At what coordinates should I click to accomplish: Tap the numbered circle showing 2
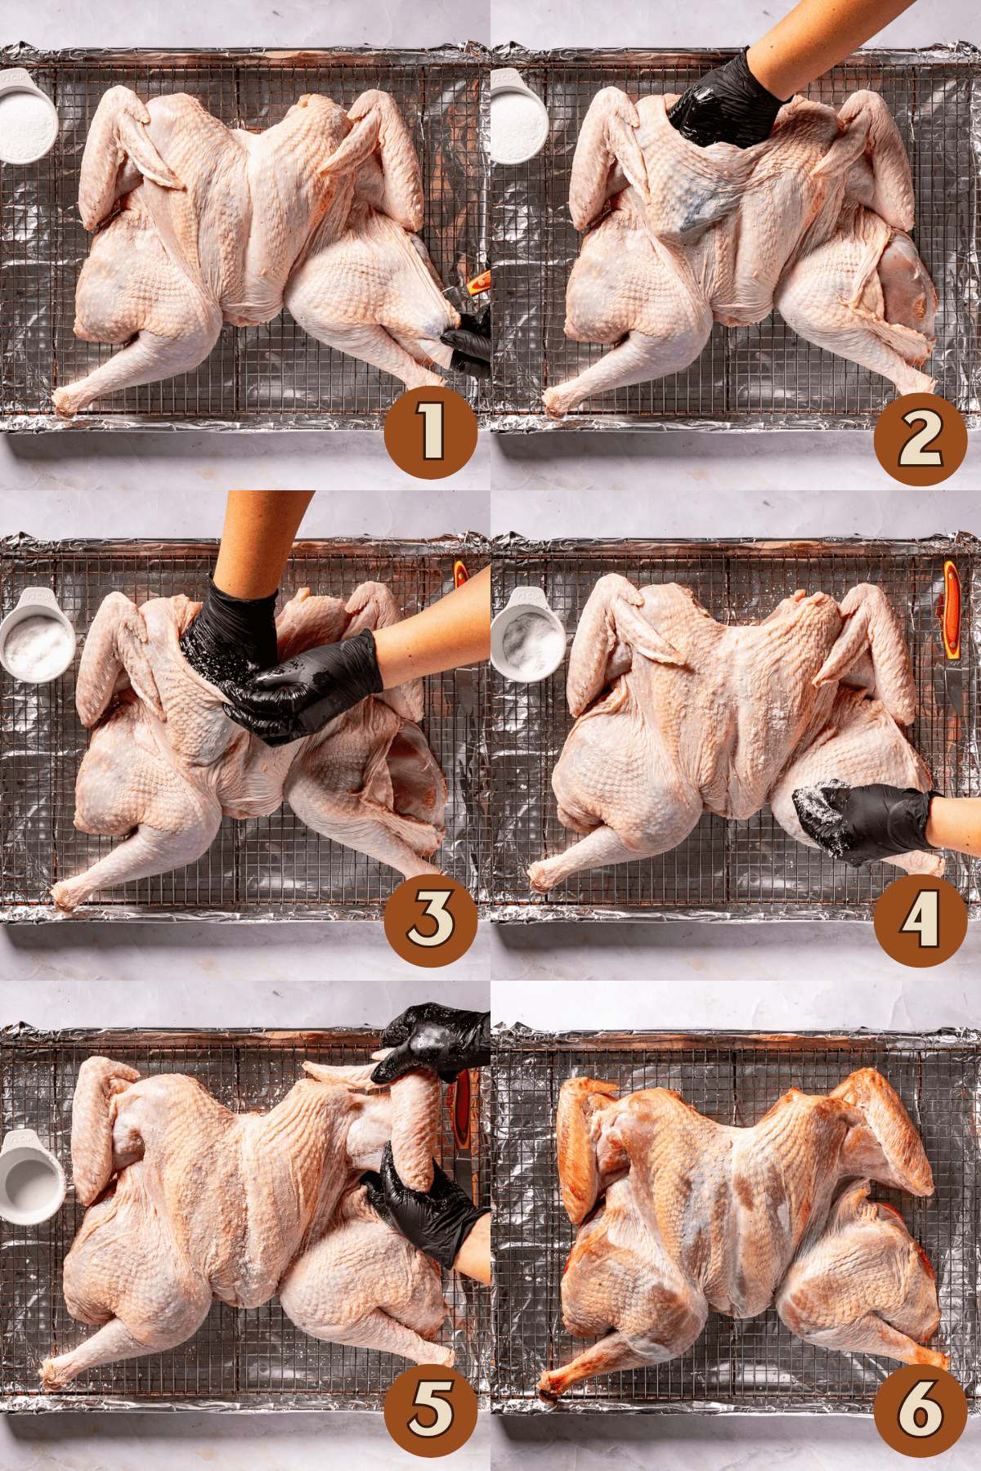(921, 439)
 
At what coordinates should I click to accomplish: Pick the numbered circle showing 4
(921, 920)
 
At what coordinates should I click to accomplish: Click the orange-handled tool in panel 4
(951, 609)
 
